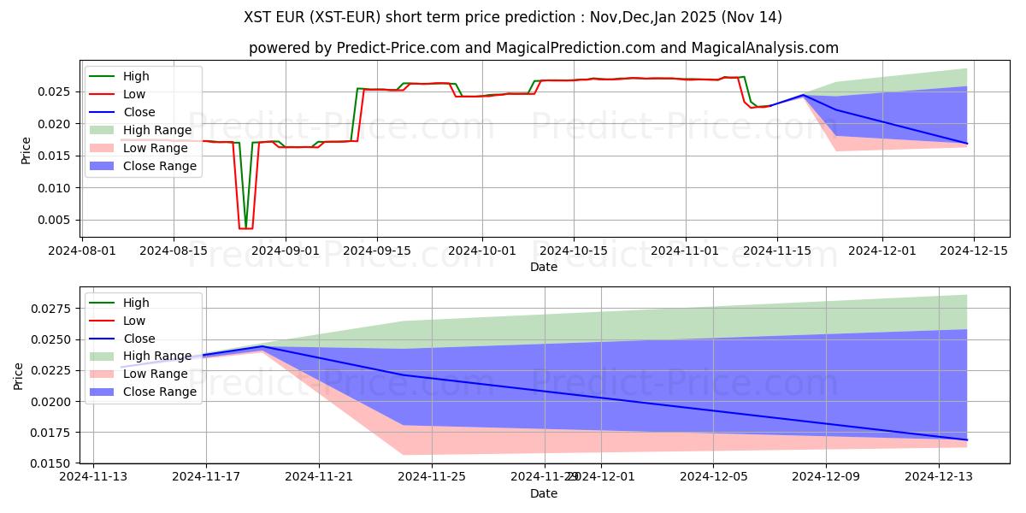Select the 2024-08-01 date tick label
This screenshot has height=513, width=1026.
click(x=81, y=251)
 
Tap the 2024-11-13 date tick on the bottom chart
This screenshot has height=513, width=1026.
click(x=93, y=477)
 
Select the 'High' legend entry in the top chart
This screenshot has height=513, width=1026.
click(x=136, y=76)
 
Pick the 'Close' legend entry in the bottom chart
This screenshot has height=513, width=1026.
click(x=139, y=339)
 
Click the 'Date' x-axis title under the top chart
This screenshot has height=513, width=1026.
click(x=544, y=267)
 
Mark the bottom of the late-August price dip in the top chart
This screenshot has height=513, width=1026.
click(x=245, y=228)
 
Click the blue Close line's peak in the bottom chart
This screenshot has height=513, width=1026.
click(x=262, y=346)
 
